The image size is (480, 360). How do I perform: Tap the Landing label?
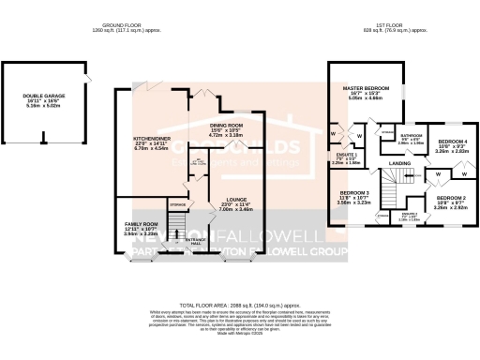pyautogui.click(x=401, y=165)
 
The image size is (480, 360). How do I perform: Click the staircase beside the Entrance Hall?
pyautogui.click(x=172, y=224)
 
